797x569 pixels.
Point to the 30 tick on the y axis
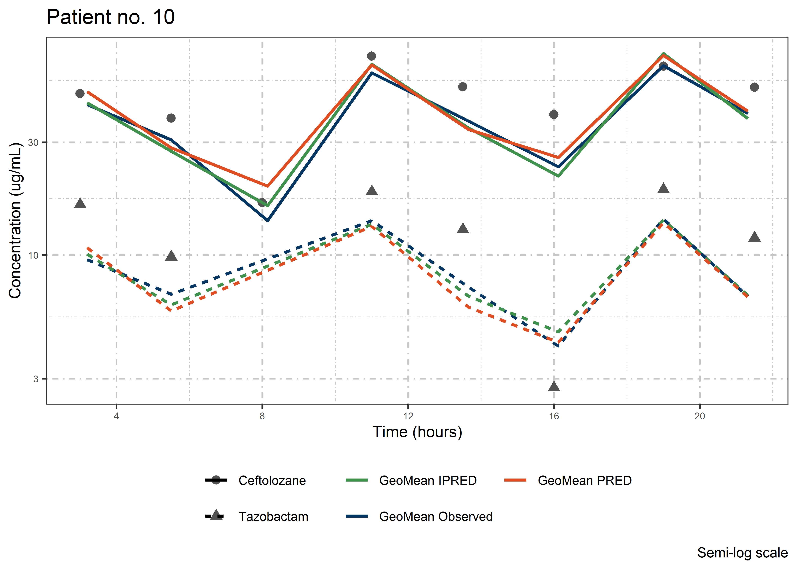pyautogui.click(x=33, y=143)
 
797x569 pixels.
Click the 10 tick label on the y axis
pyautogui.click(x=33, y=255)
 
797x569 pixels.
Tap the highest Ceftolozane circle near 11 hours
pyautogui.click(x=372, y=56)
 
